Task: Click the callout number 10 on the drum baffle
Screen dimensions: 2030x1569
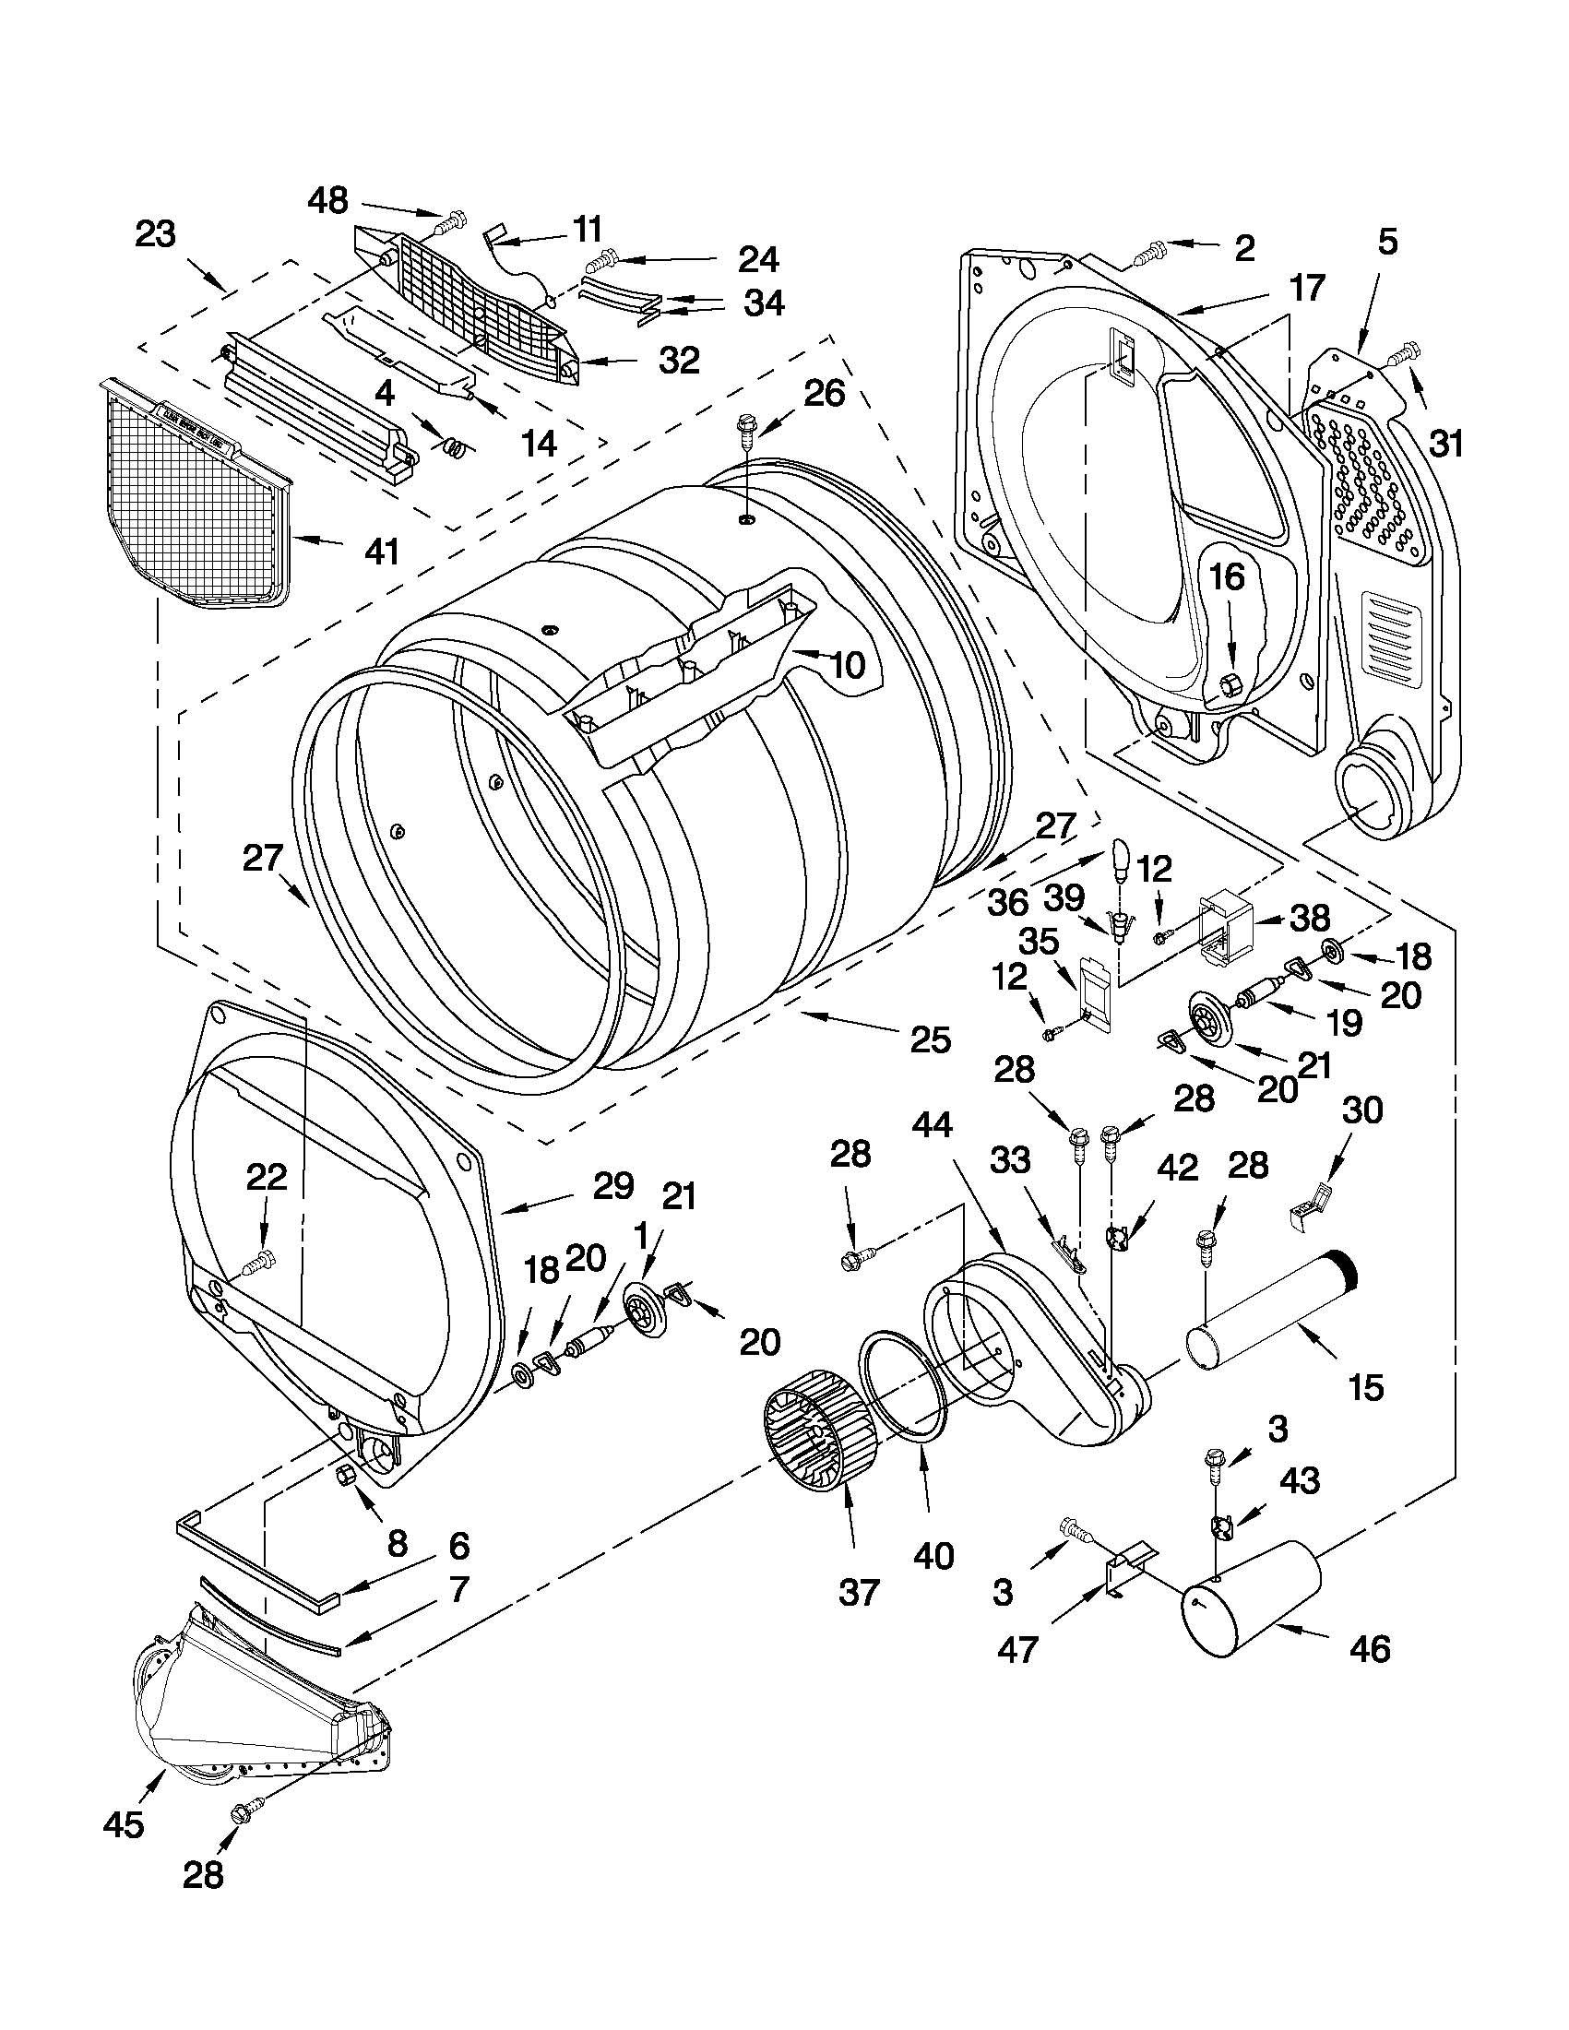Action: click(x=847, y=664)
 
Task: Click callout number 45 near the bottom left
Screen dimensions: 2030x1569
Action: click(x=124, y=1823)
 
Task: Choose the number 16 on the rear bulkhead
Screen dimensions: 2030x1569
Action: click(x=1226, y=577)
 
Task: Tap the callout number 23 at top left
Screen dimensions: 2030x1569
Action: click(x=155, y=234)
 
